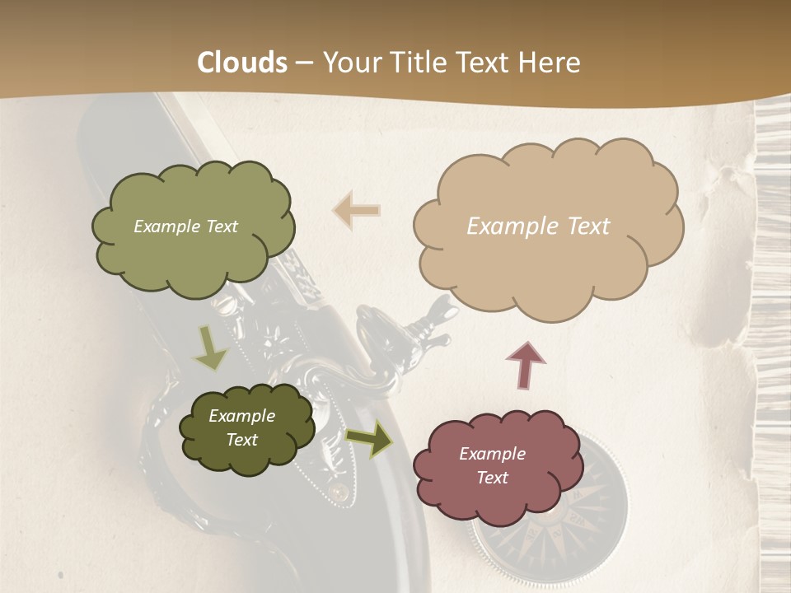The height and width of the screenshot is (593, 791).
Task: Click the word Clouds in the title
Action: (242, 63)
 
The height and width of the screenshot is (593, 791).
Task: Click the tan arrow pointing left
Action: (356, 210)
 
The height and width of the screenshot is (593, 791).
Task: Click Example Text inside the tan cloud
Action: (538, 226)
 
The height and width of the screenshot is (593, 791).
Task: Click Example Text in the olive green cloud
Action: (185, 226)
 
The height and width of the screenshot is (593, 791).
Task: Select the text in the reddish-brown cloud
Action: (492, 465)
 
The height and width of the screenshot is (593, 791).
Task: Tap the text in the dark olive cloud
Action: (241, 427)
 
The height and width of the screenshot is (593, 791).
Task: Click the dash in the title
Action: (305, 63)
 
